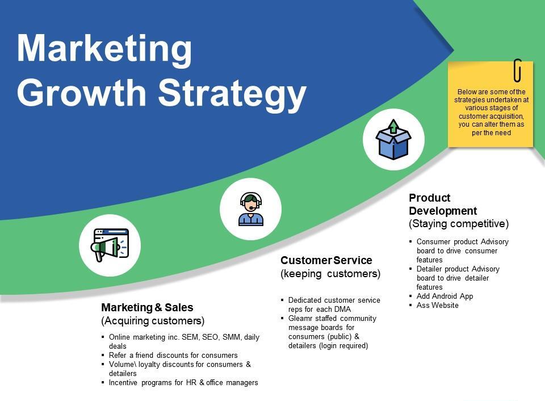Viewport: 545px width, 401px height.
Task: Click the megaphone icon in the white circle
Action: coord(110,245)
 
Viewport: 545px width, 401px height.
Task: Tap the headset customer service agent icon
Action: coord(250,209)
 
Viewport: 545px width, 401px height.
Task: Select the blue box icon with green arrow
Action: coord(393,140)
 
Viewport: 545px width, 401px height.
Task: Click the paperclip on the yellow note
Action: coord(518,70)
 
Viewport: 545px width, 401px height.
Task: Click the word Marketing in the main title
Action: coord(104,49)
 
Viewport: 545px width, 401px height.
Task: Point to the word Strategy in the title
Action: coord(232,93)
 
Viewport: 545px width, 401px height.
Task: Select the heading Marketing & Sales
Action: coord(147,307)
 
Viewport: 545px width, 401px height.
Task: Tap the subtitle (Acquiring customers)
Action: coord(153,321)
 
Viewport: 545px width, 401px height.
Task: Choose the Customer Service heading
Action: coord(326,260)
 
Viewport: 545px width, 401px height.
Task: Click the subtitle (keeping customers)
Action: coord(330,274)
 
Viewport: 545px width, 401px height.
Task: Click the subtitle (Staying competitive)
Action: coord(459,224)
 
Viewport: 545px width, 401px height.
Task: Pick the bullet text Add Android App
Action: coord(445,296)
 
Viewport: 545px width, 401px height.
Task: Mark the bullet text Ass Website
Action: coord(438,305)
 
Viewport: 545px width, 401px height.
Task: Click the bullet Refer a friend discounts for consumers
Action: coord(173,355)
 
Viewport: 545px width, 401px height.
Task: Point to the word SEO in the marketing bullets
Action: coord(210,337)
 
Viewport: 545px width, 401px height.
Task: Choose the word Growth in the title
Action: coord(81,93)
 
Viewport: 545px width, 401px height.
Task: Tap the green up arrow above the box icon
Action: coord(393,126)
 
